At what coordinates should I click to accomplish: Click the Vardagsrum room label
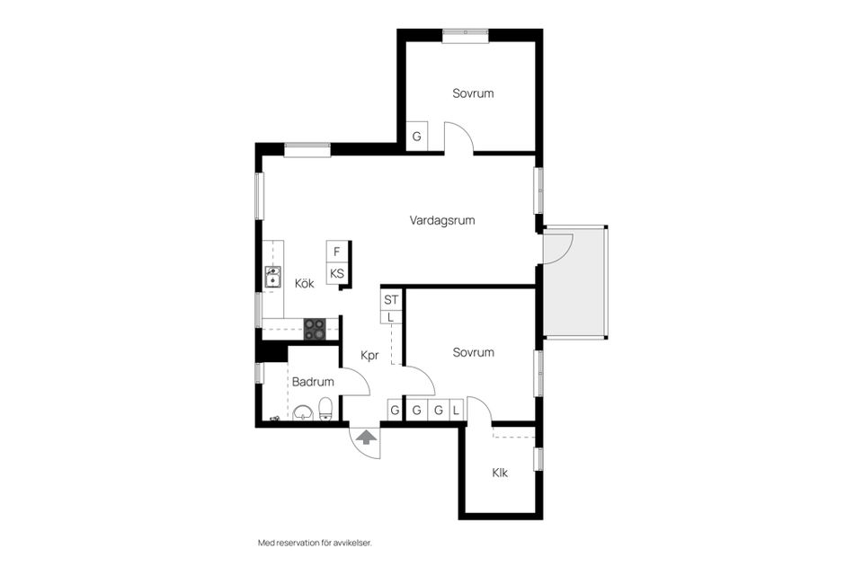[x=442, y=221]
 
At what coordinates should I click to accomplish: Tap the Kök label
[x=305, y=283]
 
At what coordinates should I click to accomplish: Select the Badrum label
[x=313, y=382]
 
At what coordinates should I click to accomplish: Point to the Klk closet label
[x=500, y=473]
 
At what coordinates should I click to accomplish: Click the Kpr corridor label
[x=369, y=356]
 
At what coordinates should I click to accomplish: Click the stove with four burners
[x=315, y=329]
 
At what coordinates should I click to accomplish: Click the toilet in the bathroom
[x=325, y=409]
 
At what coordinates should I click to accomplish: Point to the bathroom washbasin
[x=302, y=412]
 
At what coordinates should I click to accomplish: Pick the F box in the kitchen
[x=337, y=252]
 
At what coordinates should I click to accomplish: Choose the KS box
[x=337, y=273]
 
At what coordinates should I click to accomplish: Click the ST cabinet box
[x=391, y=300]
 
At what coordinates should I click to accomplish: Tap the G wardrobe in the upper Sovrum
[x=416, y=136]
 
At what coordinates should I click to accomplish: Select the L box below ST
[x=391, y=317]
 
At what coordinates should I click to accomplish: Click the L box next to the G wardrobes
[x=457, y=410]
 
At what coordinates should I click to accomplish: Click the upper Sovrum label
[x=473, y=93]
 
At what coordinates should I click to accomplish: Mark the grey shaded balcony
[x=574, y=282]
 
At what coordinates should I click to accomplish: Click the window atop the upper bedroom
[x=466, y=35]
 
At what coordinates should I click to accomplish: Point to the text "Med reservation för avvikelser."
[x=315, y=543]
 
